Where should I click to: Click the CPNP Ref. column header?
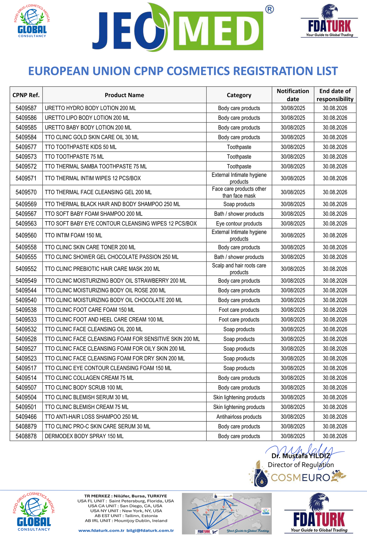click(26, 95)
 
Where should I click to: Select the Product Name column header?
click(124, 95)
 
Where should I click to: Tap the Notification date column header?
click(293, 95)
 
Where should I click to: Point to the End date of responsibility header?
click(335, 95)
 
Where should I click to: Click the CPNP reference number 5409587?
click(26, 108)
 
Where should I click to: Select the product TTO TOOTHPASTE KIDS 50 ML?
click(80, 147)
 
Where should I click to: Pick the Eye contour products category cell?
click(239, 223)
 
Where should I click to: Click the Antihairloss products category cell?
click(239, 417)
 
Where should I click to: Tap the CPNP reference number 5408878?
click(26, 436)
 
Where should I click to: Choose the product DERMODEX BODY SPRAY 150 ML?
click(84, 436)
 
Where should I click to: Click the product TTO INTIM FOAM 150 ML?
click(74, 235)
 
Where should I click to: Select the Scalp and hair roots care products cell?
click(239, 269)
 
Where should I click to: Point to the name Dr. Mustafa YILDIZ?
click(300, 456)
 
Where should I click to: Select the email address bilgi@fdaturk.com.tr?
click(150, 530)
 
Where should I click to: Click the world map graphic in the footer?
click(227, 513)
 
